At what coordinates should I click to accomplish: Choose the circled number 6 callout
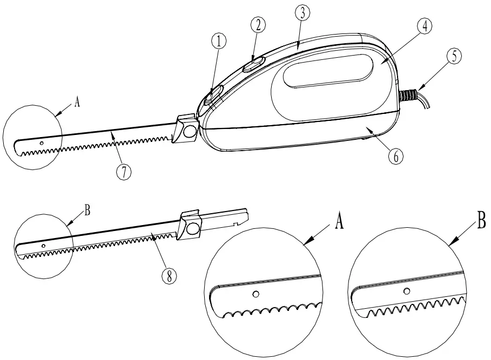(x=395, y=155)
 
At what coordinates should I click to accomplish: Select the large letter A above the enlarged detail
(x=339, y=222)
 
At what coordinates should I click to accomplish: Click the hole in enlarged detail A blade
(x=257, y=294)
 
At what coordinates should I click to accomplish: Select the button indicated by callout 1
(x=212, y=96)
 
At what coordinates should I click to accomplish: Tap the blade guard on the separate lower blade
(x=191, y=225)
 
